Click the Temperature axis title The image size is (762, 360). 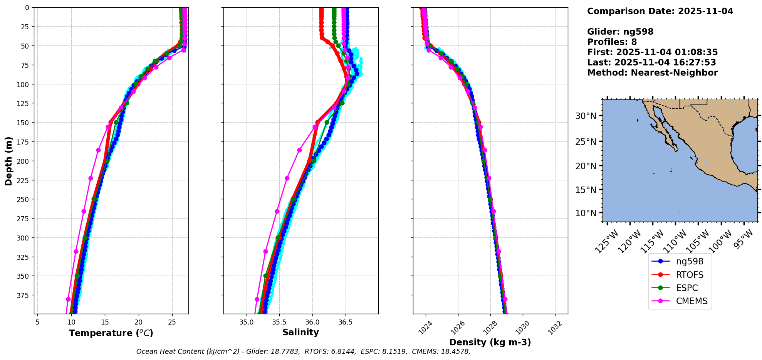pos(111,333)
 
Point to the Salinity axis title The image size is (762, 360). pos(300,333)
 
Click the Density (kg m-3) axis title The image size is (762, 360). pos(490,342)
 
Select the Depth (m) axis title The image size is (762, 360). pos(8,161)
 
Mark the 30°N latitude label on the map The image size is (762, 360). pos(586,116)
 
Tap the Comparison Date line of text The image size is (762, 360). pos(660,11)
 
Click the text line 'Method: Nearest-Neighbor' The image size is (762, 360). pos(652,73)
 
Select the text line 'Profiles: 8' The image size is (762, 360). pos(612,42)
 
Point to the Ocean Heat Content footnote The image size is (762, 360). pos(303,352)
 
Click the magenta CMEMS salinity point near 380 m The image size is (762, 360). pos(257,299)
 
